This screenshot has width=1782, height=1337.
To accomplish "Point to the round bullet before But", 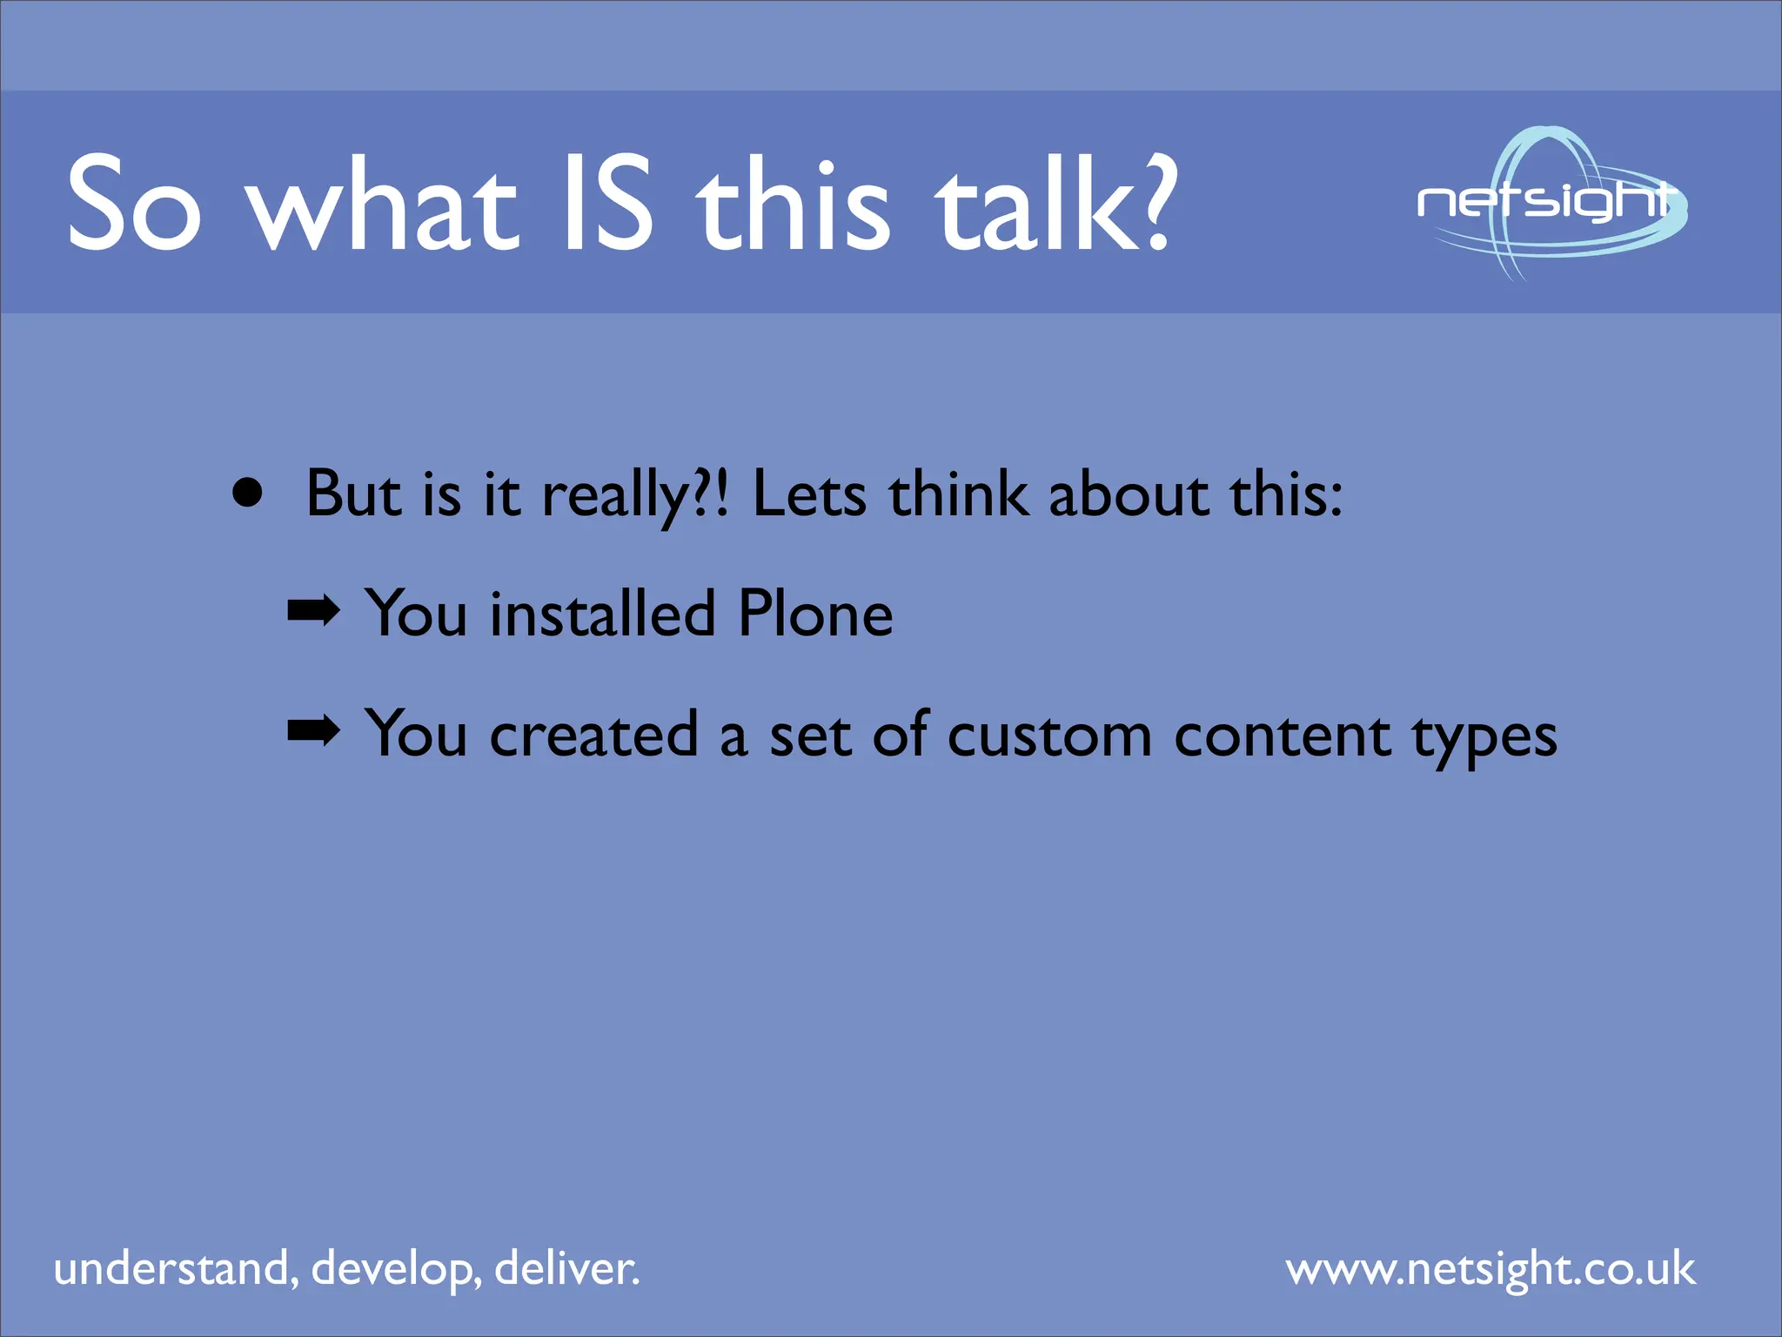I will pos(248,494).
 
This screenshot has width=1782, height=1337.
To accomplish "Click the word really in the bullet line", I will pos(614,495).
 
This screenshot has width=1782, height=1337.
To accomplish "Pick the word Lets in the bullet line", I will pos(809,494).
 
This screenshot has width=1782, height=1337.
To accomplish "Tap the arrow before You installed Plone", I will pos(313,612).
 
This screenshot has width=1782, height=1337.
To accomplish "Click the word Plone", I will pos(814,614).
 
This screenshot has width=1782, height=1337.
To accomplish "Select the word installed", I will pos(602,614).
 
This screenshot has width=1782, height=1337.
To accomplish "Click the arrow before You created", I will pos(313,731).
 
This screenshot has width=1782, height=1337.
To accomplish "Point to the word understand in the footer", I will pos(171,1268).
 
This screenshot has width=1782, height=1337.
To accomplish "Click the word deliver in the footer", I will pos(566,1268).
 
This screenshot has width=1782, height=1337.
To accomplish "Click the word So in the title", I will pos(135,203).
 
